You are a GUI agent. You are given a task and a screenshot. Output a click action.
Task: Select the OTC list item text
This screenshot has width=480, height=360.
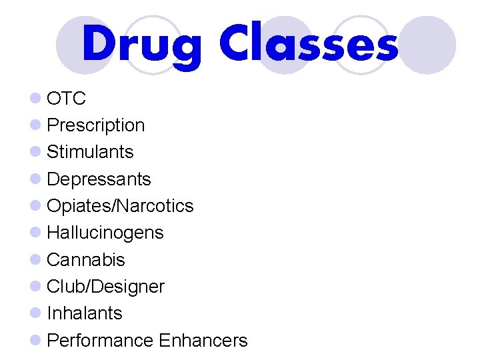(x=67, y=99)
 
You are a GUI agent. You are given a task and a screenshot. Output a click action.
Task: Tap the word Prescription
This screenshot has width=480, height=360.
(x=96, y=125)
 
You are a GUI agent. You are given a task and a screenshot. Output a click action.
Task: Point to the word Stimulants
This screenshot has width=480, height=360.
(x=91, y=152)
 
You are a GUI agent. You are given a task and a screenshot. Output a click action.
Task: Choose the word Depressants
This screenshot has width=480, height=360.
(x=99, y=179)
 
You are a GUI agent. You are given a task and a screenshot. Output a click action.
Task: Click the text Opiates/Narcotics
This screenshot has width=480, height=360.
(x=120, y=206)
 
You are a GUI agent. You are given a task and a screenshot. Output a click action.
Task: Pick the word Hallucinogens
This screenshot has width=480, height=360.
(x=105, y=233)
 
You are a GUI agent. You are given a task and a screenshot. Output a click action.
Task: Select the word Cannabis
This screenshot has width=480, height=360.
(x=86, y=259)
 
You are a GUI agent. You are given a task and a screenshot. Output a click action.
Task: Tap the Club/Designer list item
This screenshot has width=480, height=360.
(x=106, y=287)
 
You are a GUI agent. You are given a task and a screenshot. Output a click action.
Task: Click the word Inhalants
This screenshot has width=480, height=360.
(x=85, y=313)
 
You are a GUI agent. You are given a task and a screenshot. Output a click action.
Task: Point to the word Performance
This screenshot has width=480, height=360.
(x=101, y=341)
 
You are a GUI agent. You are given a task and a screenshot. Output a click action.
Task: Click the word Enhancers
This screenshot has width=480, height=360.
(x=203, y=341)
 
